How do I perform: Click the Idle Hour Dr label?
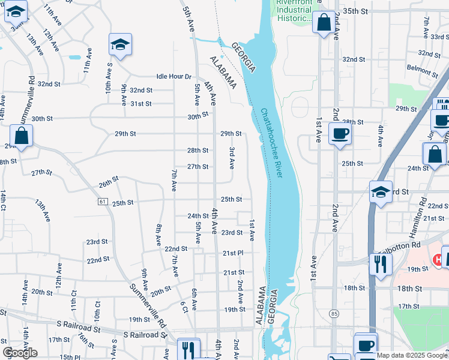[x=173, y=77]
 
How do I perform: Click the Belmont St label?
[x=419, y=68]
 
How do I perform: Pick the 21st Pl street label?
[x=233, y=253]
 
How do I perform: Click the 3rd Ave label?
[x=232, y=157]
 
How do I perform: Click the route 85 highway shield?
[x=334, y=313]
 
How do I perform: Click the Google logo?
[x=20, y=352]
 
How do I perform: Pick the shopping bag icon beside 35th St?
[x=324, y=23]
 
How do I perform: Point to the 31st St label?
[x=141, y=104]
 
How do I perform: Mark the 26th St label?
[x=109, y=181]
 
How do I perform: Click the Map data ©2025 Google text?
[x=412, y=355]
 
